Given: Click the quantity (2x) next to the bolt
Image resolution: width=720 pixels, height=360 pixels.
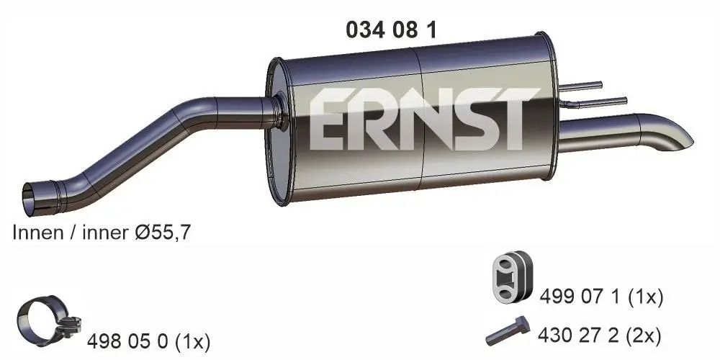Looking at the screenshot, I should click(x=643, y=335).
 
